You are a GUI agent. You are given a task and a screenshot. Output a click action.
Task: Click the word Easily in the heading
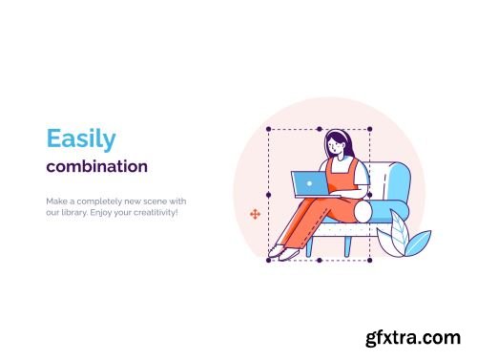[x=81, y=139]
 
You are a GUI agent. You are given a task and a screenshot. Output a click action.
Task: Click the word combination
[x=96, y=166]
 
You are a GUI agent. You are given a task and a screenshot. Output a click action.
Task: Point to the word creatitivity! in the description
[x=155, y=212]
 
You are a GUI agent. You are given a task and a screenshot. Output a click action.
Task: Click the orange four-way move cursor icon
[x=255, y=215]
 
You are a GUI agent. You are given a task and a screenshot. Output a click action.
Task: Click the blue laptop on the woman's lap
[x=308, y=181]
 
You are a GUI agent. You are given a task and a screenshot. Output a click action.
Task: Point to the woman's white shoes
[x=279, y=251]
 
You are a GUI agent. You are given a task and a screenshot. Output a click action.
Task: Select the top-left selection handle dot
[x=268, y=129]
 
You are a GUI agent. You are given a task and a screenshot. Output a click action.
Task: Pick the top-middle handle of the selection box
[x=319, y=129]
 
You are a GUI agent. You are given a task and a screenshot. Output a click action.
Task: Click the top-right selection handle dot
[x=369, y=129]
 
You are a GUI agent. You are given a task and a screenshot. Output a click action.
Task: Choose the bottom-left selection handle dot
[x=268, y=259]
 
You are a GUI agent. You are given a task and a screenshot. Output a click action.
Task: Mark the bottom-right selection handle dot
[x=369, y=259]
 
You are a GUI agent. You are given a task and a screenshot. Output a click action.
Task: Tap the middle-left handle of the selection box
[x=268, y=194]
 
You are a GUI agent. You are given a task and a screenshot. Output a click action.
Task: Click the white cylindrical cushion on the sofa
[x=367, y=210]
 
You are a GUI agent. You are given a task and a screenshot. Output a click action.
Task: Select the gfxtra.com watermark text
[x=416, y=337]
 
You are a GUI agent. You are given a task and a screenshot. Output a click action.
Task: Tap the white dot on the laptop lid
[x=308, y=180]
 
